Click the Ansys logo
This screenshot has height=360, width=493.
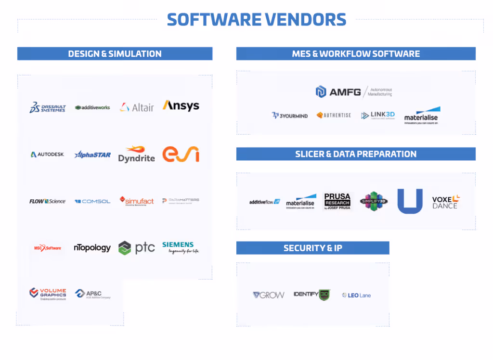(x=181, y=106)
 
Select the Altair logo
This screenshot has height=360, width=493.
(x=137, y=107)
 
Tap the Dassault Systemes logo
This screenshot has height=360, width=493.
(x=47, y=107)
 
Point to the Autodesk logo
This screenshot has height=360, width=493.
(x=47, y=154)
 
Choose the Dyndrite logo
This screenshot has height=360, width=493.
(x=136, y=154)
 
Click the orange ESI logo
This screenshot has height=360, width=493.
(x=181, y=154)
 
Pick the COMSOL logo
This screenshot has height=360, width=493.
(x=92, y=201)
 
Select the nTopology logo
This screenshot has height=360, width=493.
(x=92, y=248)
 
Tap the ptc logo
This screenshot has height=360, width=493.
(x=137, y=248)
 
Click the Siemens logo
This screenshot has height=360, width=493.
(x=181, y=247)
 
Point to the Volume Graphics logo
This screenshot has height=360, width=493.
(x=47, y=293)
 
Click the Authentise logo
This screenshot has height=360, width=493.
(x=334, y=116)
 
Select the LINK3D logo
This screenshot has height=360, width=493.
(x=378, y=116)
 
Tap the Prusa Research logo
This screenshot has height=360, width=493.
(x=337, y=201)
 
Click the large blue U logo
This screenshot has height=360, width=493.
(x=410, y=201)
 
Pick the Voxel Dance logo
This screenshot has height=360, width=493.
(x=446, y=202)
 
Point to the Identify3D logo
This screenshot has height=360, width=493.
(x=312, y=295)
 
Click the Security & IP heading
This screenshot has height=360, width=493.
(x=312, y=248)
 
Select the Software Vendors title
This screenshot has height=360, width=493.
(x=256, y=20)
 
